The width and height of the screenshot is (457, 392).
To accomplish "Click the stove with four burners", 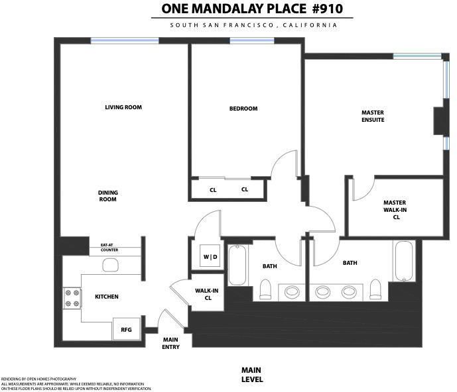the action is [x=72, y=298].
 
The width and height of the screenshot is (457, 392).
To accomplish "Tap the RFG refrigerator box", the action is [x=126, y=329].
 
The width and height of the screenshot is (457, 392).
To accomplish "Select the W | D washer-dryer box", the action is [x=210, y=256].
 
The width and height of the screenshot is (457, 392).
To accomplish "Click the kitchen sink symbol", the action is [x=111, y=265].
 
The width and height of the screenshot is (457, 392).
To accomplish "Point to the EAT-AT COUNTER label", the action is [x=109, y=248].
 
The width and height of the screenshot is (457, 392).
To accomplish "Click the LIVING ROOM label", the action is [x=123, y=107].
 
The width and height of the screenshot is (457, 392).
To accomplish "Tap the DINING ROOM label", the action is [x=108, y=196].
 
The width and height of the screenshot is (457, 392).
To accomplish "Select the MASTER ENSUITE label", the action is [x=373, y=116].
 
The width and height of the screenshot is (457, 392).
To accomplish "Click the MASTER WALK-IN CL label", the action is [x=395, y=210].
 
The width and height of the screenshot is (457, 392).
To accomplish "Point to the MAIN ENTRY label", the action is [x=170, y=344].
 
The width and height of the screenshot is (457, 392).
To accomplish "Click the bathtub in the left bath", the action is [x=237, y=265].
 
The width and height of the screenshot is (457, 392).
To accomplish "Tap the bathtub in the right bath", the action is [x=404, y=261].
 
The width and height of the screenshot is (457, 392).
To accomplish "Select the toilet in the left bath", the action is [x=265, y=289].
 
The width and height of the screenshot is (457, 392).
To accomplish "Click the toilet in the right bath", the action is [x=375, y=289].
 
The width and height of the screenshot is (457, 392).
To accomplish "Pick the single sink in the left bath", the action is [x=292, y=291].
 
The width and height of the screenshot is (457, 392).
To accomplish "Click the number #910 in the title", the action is [x=327, y=9].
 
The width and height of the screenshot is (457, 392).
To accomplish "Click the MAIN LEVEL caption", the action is [x=252, y=375].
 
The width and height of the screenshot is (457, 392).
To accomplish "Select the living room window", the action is [x=125, y=41].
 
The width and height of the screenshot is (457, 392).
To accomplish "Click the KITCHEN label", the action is [x=107, y=297].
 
